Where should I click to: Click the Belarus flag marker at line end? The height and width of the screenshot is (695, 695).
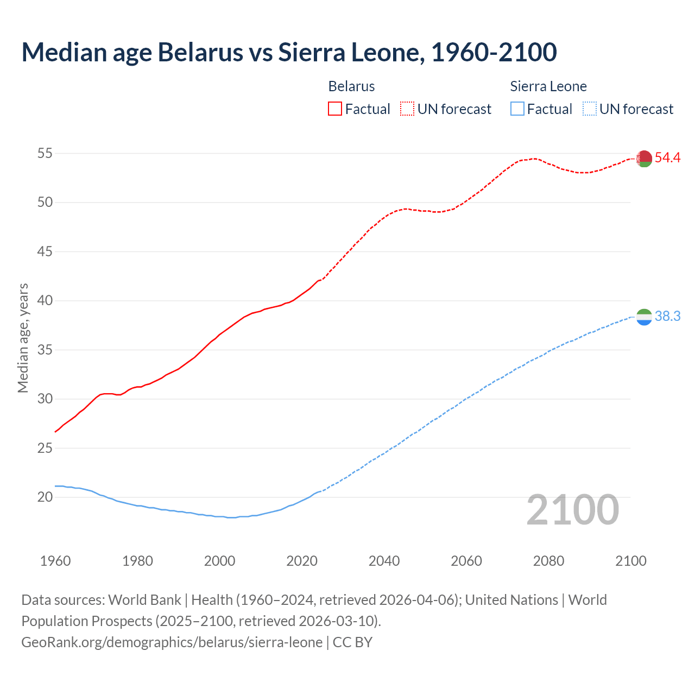point(644,159)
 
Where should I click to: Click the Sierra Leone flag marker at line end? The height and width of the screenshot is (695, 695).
point(644,317)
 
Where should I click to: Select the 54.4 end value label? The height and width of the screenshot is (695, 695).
point(667,158)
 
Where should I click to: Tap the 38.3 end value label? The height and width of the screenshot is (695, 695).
point(667,317)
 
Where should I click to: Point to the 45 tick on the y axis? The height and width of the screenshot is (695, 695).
point(45,252)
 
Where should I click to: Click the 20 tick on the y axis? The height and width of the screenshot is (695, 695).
point(45,497)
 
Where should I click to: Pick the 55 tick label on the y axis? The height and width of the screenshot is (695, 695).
point(45,154)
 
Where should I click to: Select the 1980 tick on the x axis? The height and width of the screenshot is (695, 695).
point(137,561)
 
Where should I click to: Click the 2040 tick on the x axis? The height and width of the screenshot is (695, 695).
point(384,561)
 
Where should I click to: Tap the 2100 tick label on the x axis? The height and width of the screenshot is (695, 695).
point(630,561)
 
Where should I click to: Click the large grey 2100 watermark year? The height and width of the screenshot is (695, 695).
point(572,510)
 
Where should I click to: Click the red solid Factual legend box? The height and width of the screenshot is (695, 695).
point(335,109)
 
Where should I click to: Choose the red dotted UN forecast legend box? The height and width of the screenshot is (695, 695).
point(407,109)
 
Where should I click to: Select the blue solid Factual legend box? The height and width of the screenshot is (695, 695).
point(517,109)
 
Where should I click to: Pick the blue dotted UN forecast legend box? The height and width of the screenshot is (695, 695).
point(589,109)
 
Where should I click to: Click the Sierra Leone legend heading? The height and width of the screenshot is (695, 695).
point(548,86)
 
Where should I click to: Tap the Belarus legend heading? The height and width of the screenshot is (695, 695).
point(351,86)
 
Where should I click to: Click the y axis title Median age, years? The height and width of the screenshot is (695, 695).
point(23,338)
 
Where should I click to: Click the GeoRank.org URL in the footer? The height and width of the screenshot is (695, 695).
point(172,642)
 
